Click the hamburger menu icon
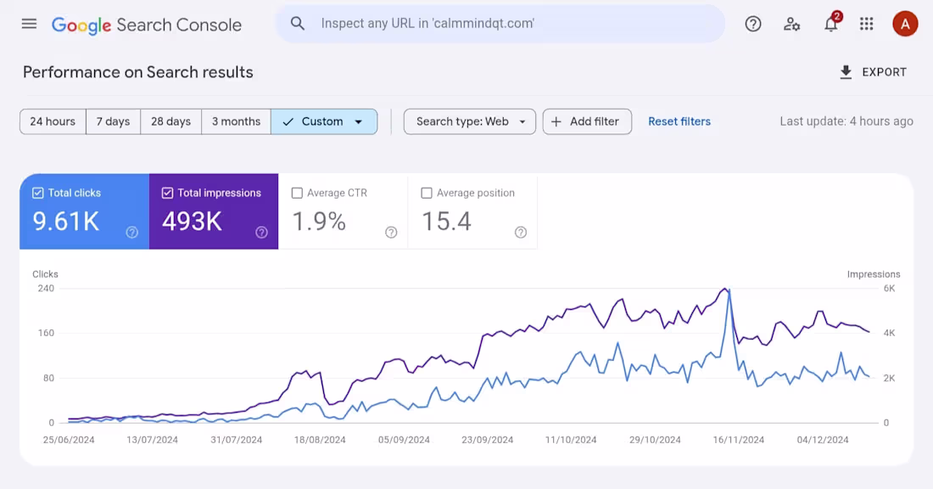pyautogui.click(x=29, y=24)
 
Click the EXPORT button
pyautogui.click(x=873, y=72)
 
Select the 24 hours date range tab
pyautogui.click(x=53, y=121)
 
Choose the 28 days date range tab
pyautogui.click(x=170, y=121)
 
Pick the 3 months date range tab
pyautogui.click(x=236, y=121)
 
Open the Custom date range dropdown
pyautogui.click(x=323, y=121)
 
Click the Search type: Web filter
pyautogui.click(x=469, y=121)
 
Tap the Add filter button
pyautogui.click(x=586, y=121)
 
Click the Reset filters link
pyautogui.click(x=679, y=121)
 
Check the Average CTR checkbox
pyautogui.click(x=297, y=193)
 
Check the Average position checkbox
pyautogui.click(x=427, y=193)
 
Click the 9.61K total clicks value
pyautogui.click(x=66, y=222)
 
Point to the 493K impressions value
pyautogui.click(x=192, y=222)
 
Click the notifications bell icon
pyautogui.click(x=830, y=24)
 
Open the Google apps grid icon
pyautogui.click(x=866, y=24)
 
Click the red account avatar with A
pyautogui.click(x=905, y=24)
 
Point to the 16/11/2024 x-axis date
pyautogui.click(x=738, y=440)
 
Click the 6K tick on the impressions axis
pyautogui.click(x=889, y=289)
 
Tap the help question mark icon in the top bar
pyautogui.click(x=752, y=24)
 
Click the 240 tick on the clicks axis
pyautogui.click(x=45, y=289)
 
